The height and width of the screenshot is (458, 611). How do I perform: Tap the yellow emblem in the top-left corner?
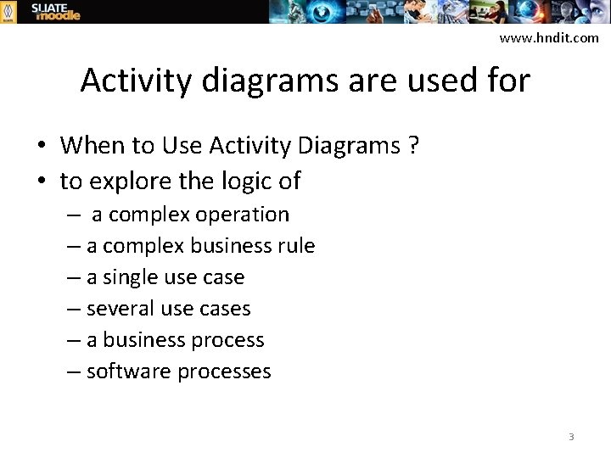coord(8,11)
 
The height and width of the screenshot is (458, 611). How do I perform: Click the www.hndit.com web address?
coord(548,38)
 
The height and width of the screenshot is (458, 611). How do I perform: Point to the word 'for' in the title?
coord(507,81)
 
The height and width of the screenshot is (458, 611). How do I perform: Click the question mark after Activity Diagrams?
coord(413,146)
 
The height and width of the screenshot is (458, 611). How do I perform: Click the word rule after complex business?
coord(296,246)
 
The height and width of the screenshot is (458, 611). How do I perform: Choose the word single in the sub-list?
coord(131,277)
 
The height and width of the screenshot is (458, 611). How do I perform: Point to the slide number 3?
coord(571,437)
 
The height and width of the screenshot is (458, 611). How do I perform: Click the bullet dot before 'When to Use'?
coord(41,147)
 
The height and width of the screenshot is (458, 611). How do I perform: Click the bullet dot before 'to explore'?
coord(41,182)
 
